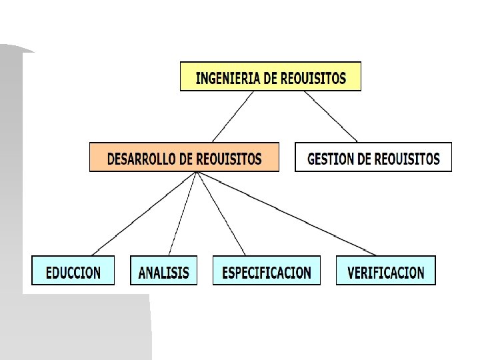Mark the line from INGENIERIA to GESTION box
331,116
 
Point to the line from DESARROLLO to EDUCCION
143,213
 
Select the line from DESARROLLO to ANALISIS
182,213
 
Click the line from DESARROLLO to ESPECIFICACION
222,213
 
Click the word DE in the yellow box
270,78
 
